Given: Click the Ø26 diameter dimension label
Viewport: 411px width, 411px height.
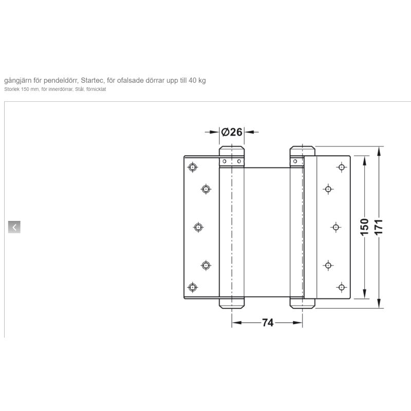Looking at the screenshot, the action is [x=232, y=132].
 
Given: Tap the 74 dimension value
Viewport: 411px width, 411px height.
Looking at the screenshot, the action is [x=268, y=323].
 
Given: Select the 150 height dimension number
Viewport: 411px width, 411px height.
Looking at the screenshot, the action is [x=365, y=227].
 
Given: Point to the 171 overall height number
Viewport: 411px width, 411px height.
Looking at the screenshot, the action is [x=379, y=227].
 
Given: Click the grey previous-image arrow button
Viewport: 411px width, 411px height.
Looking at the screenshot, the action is [x=14, y=227].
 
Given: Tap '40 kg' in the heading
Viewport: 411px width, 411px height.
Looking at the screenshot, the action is [x=197, y=80].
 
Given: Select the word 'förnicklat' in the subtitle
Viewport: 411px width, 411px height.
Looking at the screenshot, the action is [x=96, y=89].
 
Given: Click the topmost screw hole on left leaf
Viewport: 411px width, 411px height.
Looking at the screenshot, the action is [x=193, y=167].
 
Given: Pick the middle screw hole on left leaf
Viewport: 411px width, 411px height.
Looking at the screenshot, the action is [x=198, y=227].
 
